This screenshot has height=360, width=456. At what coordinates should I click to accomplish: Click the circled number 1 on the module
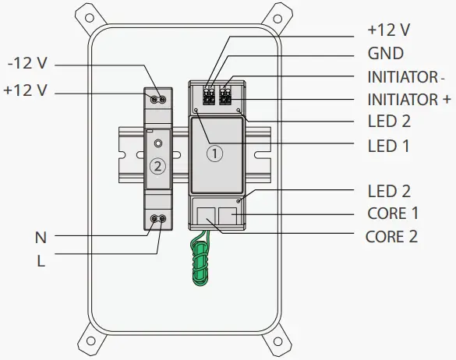(215, 154)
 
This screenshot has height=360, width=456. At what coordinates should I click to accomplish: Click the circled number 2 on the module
(157, 166)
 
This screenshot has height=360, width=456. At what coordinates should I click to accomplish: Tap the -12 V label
(27, 63)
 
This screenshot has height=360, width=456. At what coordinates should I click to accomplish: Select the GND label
(386, 54)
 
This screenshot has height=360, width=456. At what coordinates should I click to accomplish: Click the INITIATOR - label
(406, 77)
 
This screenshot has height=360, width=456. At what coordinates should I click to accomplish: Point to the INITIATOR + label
(409, 100)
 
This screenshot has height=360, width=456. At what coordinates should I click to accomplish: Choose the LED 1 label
(389, 146)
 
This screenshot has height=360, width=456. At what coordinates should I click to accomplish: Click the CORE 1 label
(393, 214)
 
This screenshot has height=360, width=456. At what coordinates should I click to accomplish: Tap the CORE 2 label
(391, 237)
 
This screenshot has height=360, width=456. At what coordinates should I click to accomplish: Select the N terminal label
(41, 238)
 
